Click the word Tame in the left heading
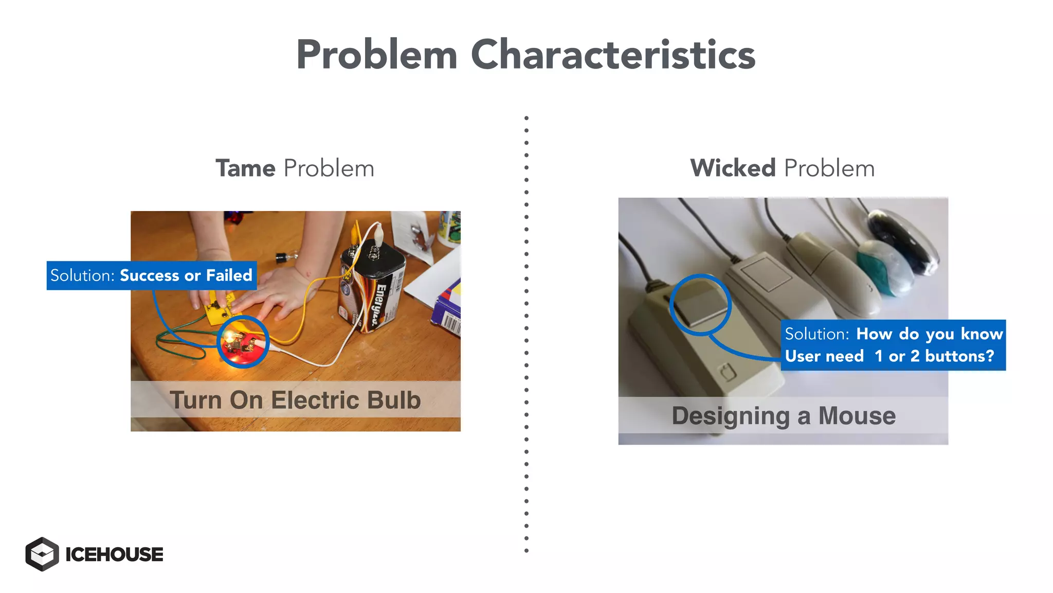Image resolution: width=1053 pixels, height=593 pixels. [x=245, y=168]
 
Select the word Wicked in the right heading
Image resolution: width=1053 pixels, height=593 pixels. [x=733, y=168]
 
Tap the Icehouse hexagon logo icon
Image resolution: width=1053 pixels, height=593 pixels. [x=42, y=554]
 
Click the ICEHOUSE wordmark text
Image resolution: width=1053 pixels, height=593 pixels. [x=114, y=554]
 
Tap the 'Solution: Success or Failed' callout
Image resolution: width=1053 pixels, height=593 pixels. [x=152, y=275]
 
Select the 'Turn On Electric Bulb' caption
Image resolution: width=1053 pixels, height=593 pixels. [x=295, y=400]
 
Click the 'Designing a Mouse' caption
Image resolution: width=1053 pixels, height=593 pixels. [x=783, y=415]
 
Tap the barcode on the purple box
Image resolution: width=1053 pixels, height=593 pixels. [x=451, y=323]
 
